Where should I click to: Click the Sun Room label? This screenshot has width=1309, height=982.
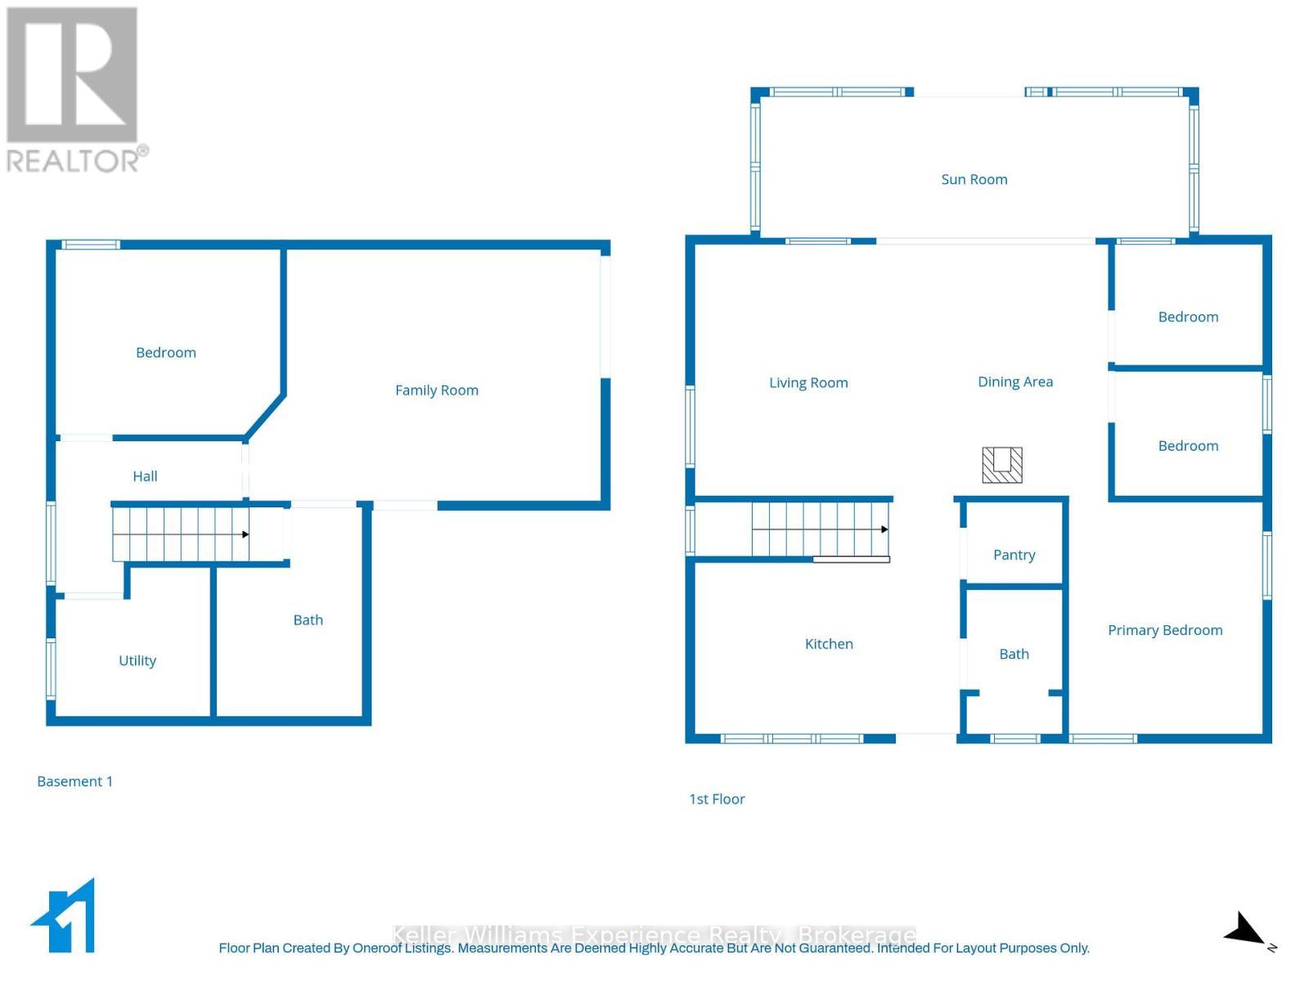tap(974, 179)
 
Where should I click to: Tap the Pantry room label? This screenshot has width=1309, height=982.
tap(1014, 555)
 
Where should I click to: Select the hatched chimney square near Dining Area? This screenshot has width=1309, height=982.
tap(1002, 465)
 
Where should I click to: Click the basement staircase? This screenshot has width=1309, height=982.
tap(181, 534)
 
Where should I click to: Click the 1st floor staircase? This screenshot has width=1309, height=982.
tap(820, 529)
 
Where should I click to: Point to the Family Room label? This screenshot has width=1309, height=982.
tap(437, 390)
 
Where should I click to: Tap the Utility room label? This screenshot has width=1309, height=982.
tap(137, 660)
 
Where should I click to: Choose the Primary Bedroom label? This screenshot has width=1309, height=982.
tap(1165, 630)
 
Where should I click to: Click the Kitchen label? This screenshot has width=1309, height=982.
tap(829, 644)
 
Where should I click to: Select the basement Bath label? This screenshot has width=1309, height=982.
tap(308, 620)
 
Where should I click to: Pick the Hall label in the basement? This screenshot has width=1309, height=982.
tap(145, 476)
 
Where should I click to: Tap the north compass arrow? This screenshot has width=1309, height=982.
tap(1245, 930)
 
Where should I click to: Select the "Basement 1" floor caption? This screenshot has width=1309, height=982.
tap(74, 782)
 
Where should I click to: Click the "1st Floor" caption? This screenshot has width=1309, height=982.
tap(717, 800)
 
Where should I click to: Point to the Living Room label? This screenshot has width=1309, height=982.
tap(808, 383)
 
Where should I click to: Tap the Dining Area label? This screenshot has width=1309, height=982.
tap(1015, 382)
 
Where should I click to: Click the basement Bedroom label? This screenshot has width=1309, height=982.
tap(166, 353)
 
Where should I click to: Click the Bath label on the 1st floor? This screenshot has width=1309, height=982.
tap(1014, 654)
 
